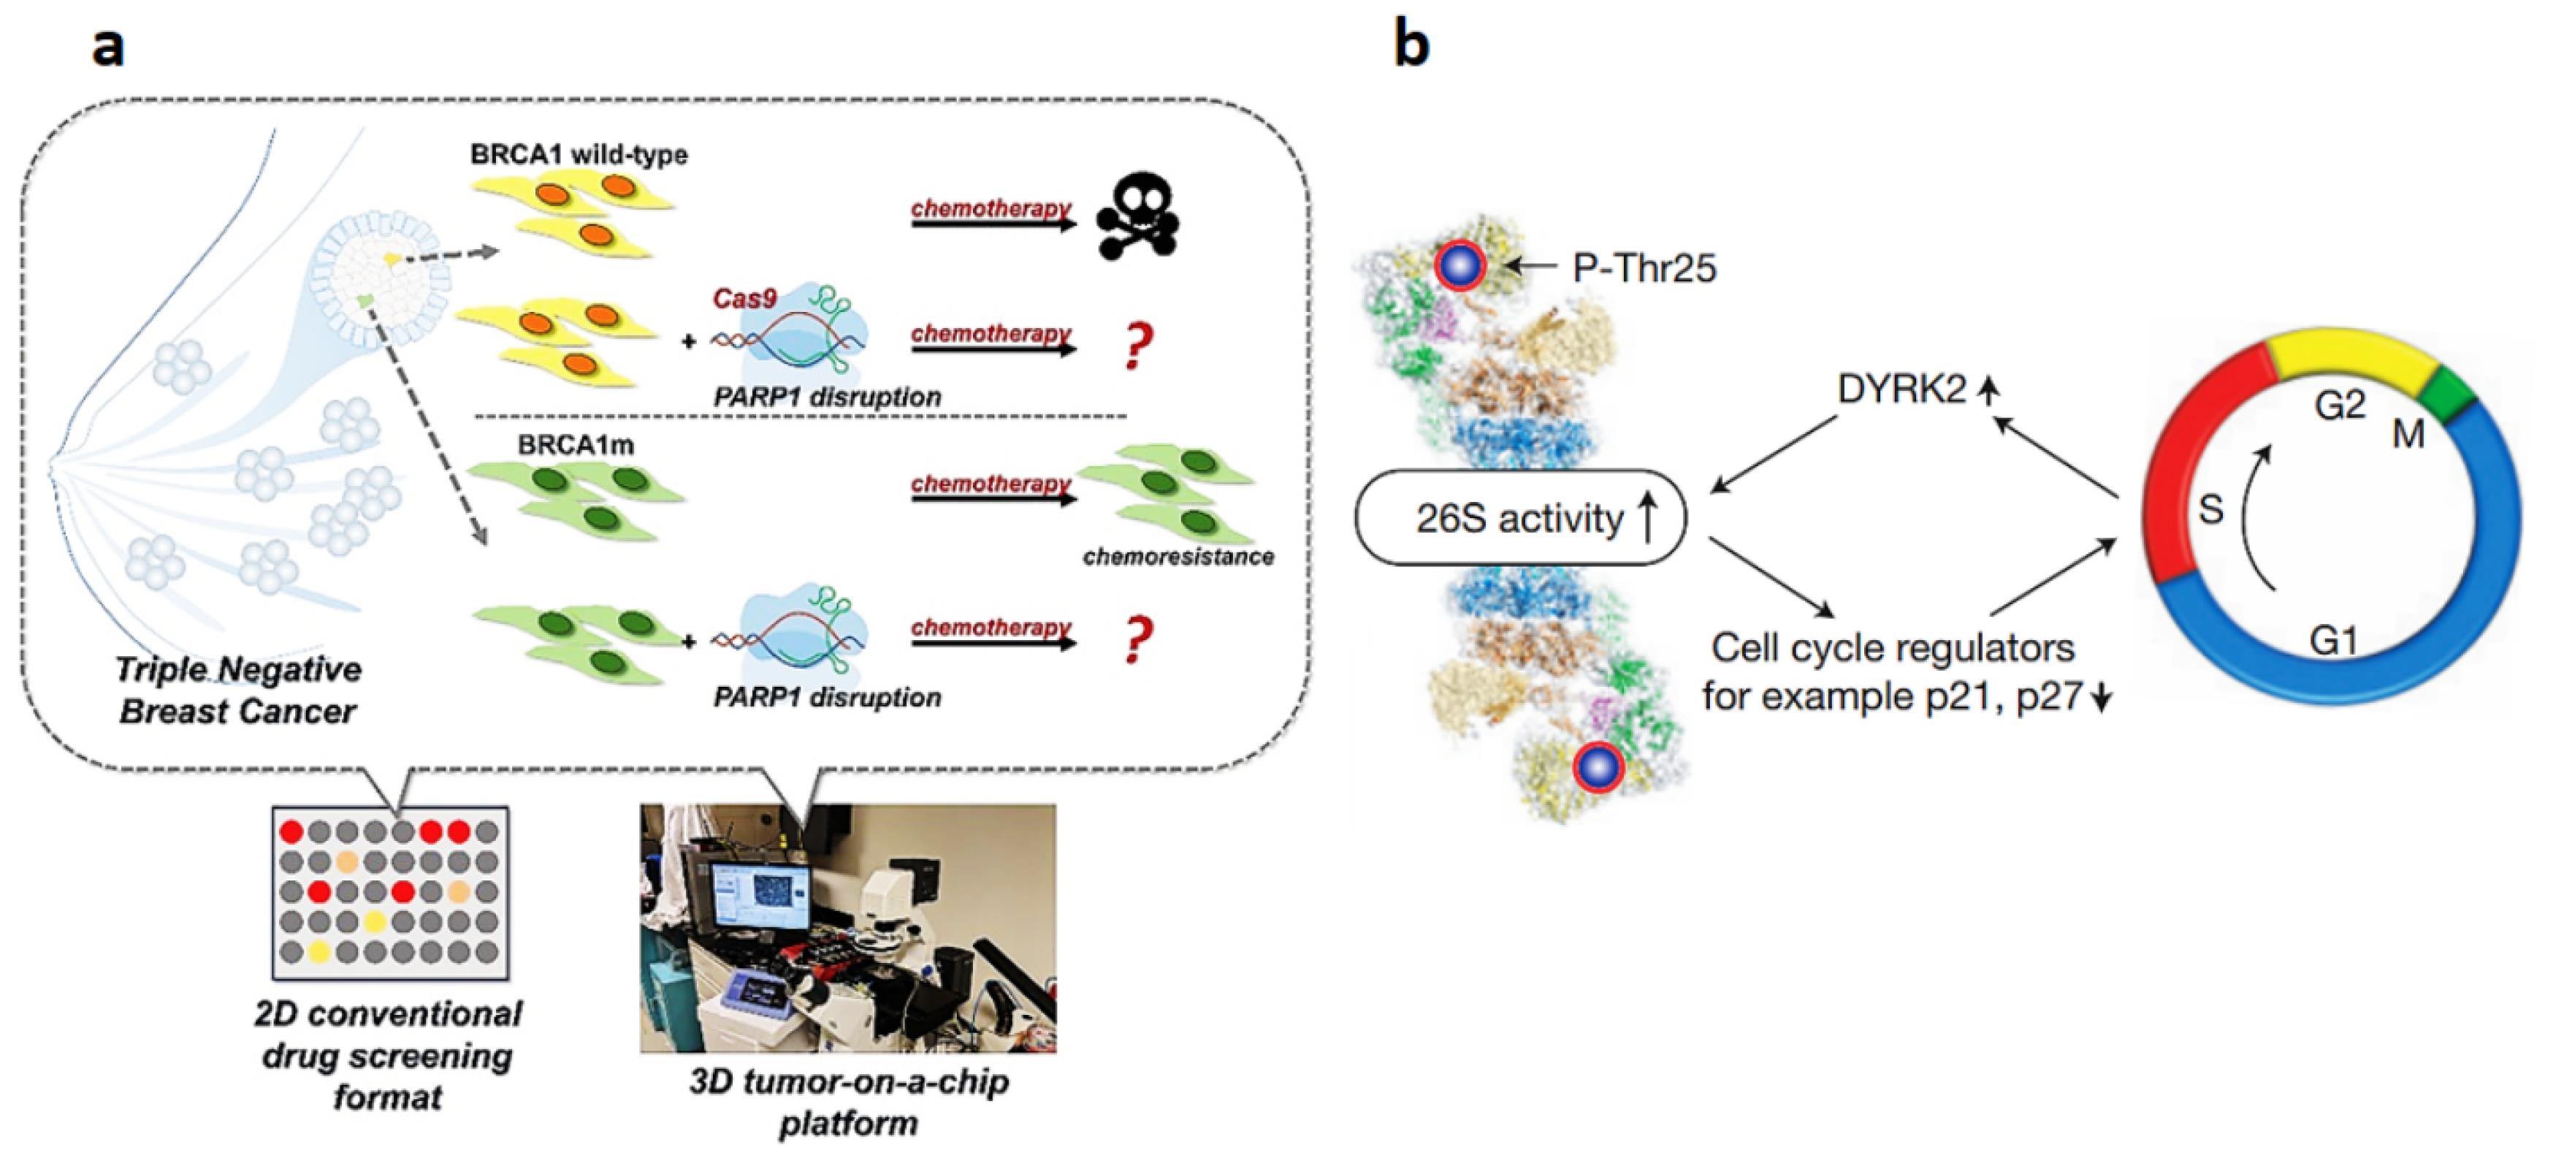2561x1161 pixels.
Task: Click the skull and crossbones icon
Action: coord(1137,217)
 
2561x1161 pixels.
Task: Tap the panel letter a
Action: coord(108,47)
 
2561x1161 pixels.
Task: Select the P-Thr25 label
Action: coord(1644,268)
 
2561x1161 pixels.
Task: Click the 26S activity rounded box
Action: coord(1520,518)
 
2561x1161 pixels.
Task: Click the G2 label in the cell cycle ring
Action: coord(2339,406)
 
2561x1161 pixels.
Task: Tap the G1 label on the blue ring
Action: coord(2333,641)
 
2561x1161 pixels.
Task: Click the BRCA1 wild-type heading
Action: coord(579,155)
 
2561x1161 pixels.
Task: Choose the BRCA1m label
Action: coord(576,445)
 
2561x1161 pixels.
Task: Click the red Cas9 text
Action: coord(744,298)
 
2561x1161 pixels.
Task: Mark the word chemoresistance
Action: coord(1178,557)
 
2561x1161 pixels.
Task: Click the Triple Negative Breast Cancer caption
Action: coord(239,690)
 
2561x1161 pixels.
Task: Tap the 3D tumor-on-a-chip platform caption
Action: coord(849,1101)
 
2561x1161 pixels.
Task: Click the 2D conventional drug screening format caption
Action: coord(388,1056)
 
